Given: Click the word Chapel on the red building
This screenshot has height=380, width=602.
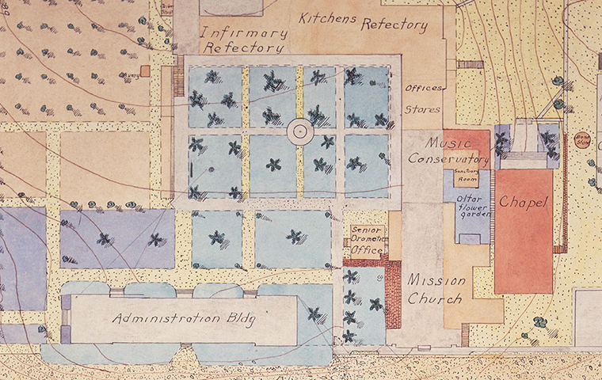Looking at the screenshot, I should pyautogui.click(x=524, y=203).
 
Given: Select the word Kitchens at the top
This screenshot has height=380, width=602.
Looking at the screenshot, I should pyautogui.click(x=327, y=18).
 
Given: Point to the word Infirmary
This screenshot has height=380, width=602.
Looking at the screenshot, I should pyautogui.click(x=242, y=32).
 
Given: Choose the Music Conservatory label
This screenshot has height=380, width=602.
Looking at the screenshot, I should pyautogui.click(x=448, y=150).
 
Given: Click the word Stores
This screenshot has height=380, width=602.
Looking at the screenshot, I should pyautogui.click(x=422, y=110).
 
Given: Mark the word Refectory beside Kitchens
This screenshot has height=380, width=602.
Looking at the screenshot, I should pyautogui.click(x=394, y=25).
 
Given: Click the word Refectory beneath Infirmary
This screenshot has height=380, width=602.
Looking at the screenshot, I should pyautogui.click(x=243, y=47).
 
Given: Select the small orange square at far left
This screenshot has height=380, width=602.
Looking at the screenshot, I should pyautogui.click(x=145, y=71).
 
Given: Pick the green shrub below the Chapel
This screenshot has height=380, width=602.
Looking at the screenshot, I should pyautogui.click(x=539, y=322).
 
